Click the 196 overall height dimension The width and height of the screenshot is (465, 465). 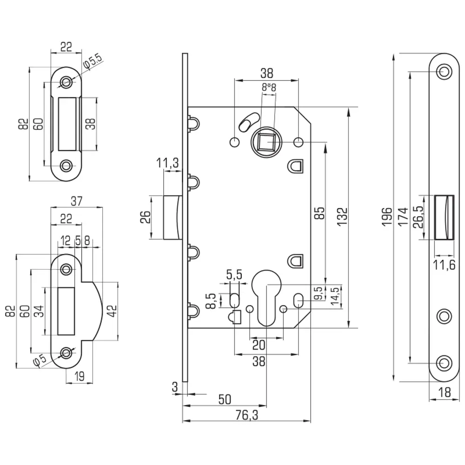pos(386,217)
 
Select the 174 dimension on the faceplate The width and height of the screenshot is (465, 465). pos(403,217)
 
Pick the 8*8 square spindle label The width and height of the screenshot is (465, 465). pos(269,86)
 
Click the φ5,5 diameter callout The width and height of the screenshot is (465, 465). pos(93,61)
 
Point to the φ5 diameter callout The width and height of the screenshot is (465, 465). pos(41,360)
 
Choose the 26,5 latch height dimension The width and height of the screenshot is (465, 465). pos(417,217)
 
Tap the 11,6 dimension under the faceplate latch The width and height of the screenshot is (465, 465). pos(444,266)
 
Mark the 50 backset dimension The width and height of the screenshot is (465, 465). pos(224,399)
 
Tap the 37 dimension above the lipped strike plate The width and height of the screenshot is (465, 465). pos(77,201)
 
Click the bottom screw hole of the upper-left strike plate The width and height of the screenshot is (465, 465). pos(68,165)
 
